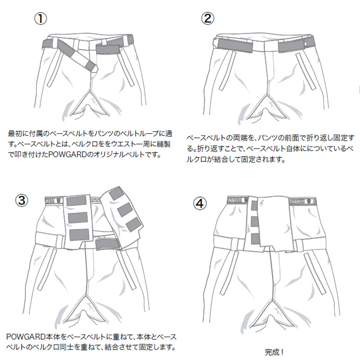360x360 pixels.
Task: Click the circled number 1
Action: pos(41,18)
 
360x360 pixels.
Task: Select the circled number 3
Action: pos(21,200)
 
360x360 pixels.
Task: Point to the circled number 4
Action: pos(201,203)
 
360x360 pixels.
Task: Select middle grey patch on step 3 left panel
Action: pos(78,217)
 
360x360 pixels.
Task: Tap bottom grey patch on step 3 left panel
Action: pos(79,234)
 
